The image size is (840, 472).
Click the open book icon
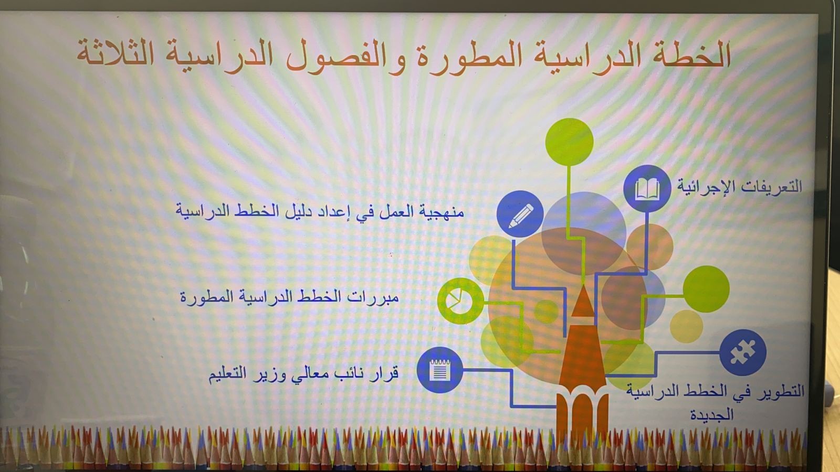point(647,188)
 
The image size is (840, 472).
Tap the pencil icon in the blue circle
point(520,214)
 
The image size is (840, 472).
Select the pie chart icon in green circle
point(459,301)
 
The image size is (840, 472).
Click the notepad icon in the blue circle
point(439,370)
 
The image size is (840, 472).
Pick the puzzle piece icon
point(742,352)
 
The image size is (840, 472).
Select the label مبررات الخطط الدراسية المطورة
point(289,297)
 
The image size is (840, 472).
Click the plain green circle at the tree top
point(569,142)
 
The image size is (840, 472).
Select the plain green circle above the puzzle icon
point(706,289)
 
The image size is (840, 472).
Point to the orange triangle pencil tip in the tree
point(583,302)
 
